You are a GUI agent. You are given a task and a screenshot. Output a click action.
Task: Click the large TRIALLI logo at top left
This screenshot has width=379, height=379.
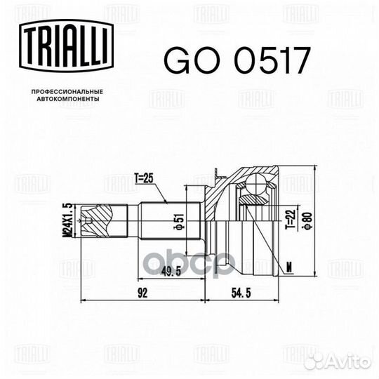click(66, 46)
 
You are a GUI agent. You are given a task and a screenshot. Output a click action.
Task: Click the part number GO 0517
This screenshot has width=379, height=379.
click(237, 60)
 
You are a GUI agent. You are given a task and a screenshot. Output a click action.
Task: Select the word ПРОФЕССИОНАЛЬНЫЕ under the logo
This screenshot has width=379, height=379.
click(67, 92)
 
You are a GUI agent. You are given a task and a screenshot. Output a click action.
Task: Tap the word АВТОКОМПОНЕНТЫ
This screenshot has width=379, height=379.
click(68, 99)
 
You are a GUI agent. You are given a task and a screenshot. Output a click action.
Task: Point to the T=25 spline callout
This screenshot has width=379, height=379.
click(145, 179)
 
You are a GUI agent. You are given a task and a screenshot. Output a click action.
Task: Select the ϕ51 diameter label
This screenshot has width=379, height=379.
click(180, 221)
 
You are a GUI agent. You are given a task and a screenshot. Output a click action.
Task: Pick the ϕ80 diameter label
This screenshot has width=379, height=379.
click(309, 220)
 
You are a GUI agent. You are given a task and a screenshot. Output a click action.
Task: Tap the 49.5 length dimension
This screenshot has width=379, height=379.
click(171, 272)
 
